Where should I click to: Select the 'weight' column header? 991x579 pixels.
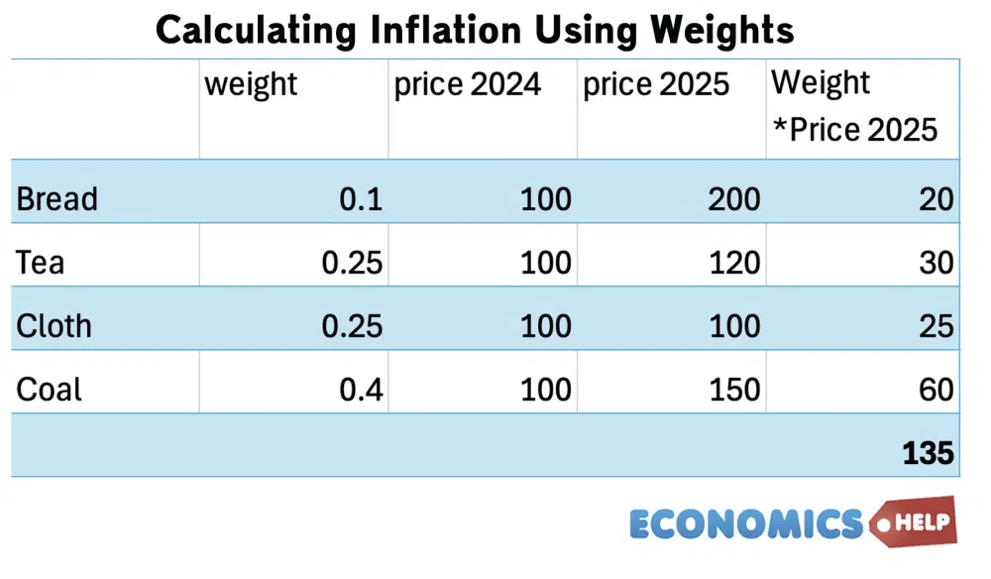(251, 84)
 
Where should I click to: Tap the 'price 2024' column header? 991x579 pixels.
(468, 84)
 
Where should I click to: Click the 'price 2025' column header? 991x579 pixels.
(656, 84)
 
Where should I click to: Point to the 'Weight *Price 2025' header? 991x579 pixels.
(854, 106)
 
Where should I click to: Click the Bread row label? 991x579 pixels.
(57, 199)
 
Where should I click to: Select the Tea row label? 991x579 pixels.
(41, 263)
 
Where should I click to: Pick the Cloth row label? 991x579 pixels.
(54, 326)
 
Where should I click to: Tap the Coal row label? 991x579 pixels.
(50, 390)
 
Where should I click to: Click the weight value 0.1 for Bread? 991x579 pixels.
(361, 199)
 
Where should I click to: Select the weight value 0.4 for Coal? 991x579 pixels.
(361, 390)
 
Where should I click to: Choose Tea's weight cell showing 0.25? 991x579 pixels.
(352, 263)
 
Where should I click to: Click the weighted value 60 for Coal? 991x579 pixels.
(936, 390)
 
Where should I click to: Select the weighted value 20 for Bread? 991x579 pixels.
(936, 199)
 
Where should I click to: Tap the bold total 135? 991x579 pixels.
(928, 453)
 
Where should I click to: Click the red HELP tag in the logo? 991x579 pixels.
(916, 521)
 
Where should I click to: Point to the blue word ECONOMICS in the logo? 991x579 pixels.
(746, 522)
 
